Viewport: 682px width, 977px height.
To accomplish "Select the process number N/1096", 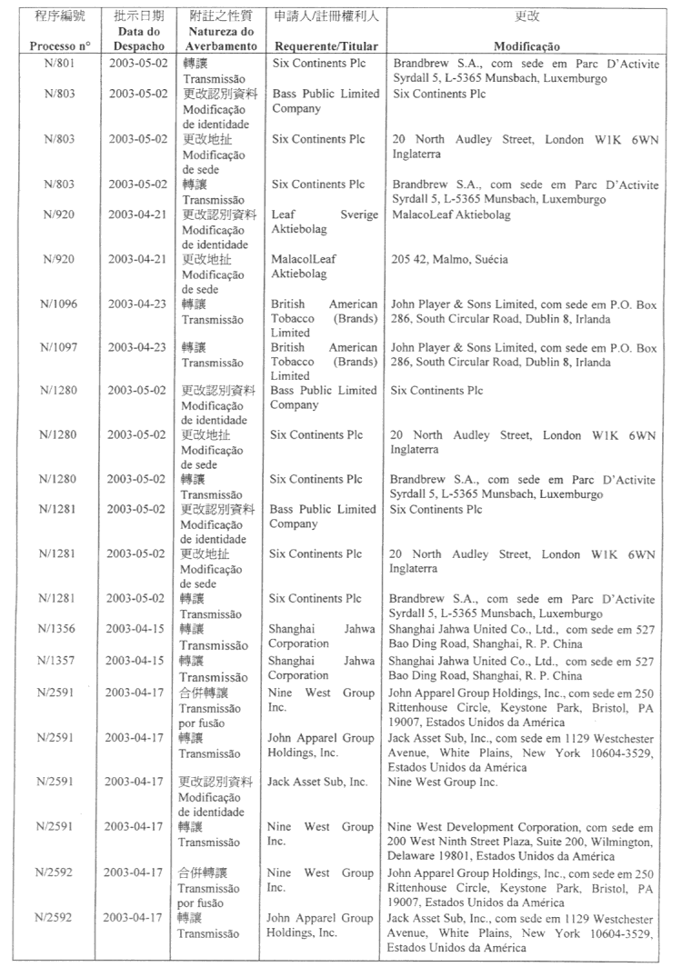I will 58,304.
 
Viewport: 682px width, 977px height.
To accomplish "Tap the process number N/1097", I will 58,347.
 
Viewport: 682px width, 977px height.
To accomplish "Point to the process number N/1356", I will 58,629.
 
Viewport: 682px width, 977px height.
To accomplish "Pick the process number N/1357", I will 58,662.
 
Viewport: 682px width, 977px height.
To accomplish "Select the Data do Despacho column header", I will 132,39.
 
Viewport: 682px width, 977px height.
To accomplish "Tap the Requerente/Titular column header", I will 326,46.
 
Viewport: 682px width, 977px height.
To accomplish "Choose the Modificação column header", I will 527,46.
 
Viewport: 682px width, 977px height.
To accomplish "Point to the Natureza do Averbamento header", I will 214,39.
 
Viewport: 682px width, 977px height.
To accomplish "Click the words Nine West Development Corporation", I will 483,828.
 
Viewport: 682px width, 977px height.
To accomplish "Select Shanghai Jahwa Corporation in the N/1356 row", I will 323,636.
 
